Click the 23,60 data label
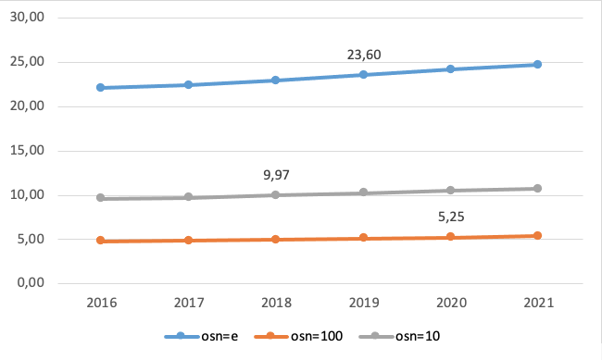coord(364,56)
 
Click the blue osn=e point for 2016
coord(100,88)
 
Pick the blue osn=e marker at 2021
coord(537,65)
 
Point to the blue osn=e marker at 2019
coord(363,74)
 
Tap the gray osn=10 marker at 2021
coord(537,189)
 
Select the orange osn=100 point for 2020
coord(450,237)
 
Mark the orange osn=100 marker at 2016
coord(100,241)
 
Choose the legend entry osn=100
coord(310,334)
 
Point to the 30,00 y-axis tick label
coord(38,18)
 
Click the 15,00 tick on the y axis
coord(38,151)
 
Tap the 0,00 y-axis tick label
coord(41,283)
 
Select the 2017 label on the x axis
coord(188,303)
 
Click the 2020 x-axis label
coord(450,303)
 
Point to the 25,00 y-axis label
coord(38,62)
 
